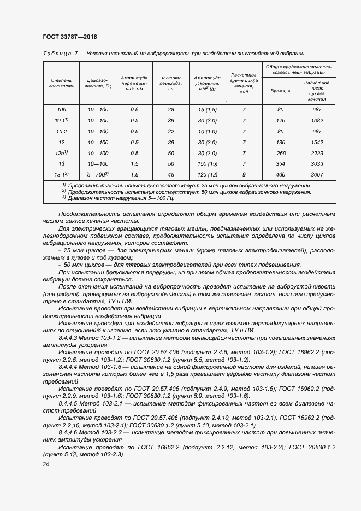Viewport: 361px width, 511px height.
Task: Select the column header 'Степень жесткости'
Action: coord(60,83)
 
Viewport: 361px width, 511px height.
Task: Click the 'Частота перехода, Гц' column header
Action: coord(171,83)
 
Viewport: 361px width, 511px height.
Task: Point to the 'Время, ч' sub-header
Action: coord(280,90)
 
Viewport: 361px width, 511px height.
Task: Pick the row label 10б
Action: coord(61,110)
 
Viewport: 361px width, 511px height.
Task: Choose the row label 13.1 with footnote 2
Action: coord(61,174)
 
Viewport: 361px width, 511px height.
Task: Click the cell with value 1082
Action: coord(317,121)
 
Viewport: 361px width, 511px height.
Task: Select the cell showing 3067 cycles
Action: coord(317,175)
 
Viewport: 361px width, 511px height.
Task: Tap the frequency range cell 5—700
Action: coord(98,175)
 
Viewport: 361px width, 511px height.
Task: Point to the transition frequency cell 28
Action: coord(171,110)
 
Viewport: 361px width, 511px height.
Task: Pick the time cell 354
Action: coord(281,164)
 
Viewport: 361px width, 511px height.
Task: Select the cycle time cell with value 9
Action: coord(244,175)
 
